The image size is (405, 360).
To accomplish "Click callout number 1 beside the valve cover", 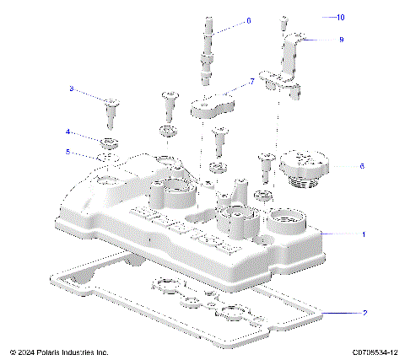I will pyautogui.click(x=364, y=234).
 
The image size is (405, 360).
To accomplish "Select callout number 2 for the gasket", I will pyautogui.click(x=364, y=314).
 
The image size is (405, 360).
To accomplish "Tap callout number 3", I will pyautogui.click(x=72, y=89).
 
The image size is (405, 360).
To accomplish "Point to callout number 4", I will pyautogui.click(x=69, y=132).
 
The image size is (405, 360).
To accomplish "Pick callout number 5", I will pyautogui.click(x=69, y=153).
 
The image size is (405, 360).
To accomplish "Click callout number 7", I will pyautogui.click(x=251, y=82).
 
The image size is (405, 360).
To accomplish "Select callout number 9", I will pyautogui.click(x=341, y=40).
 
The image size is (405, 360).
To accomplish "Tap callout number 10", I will pyautogui.click(x=340, y=18).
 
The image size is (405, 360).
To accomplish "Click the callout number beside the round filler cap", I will pyautogui.click(x=361, y=166).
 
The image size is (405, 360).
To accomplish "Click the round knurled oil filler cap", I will pyautogui.click(x=303, y=164).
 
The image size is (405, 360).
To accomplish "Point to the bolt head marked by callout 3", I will pyautogui.click(x=111, y=104).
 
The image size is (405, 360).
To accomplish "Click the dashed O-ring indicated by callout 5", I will pyautogui.click(x=109, y=157).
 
